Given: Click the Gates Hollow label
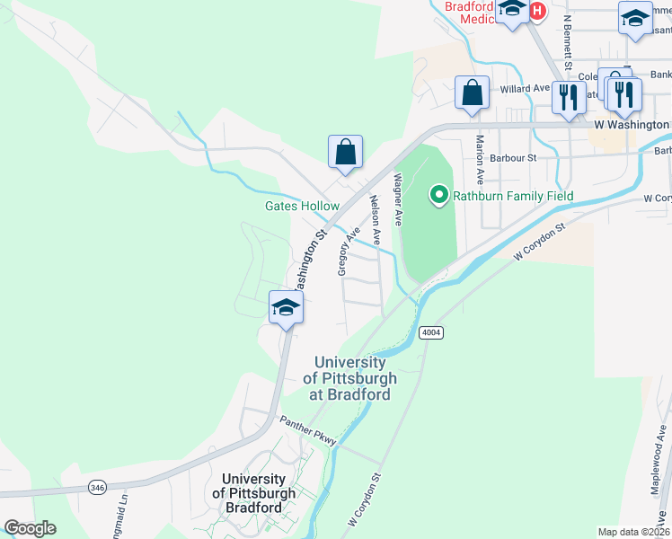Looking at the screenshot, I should (x=302, y=206).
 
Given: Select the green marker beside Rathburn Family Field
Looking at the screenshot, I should (x=439, y=194).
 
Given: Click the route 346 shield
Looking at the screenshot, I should (x=97, y=487).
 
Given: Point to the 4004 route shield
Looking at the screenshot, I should (x=430, y=332).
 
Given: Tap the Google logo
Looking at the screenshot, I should (x=30, y=528).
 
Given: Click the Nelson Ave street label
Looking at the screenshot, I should (x=376, y=220).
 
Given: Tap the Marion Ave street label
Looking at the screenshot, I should (x=481, y=158).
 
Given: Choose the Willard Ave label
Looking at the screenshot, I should (x=525, y=89).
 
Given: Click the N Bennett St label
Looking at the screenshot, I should (x=568, y=40).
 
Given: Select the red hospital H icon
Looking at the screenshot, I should (x=537, y=11).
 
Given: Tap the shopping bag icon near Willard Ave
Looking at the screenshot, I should (x=472, y=93).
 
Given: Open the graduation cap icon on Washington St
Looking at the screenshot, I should (x=286, y=307).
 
